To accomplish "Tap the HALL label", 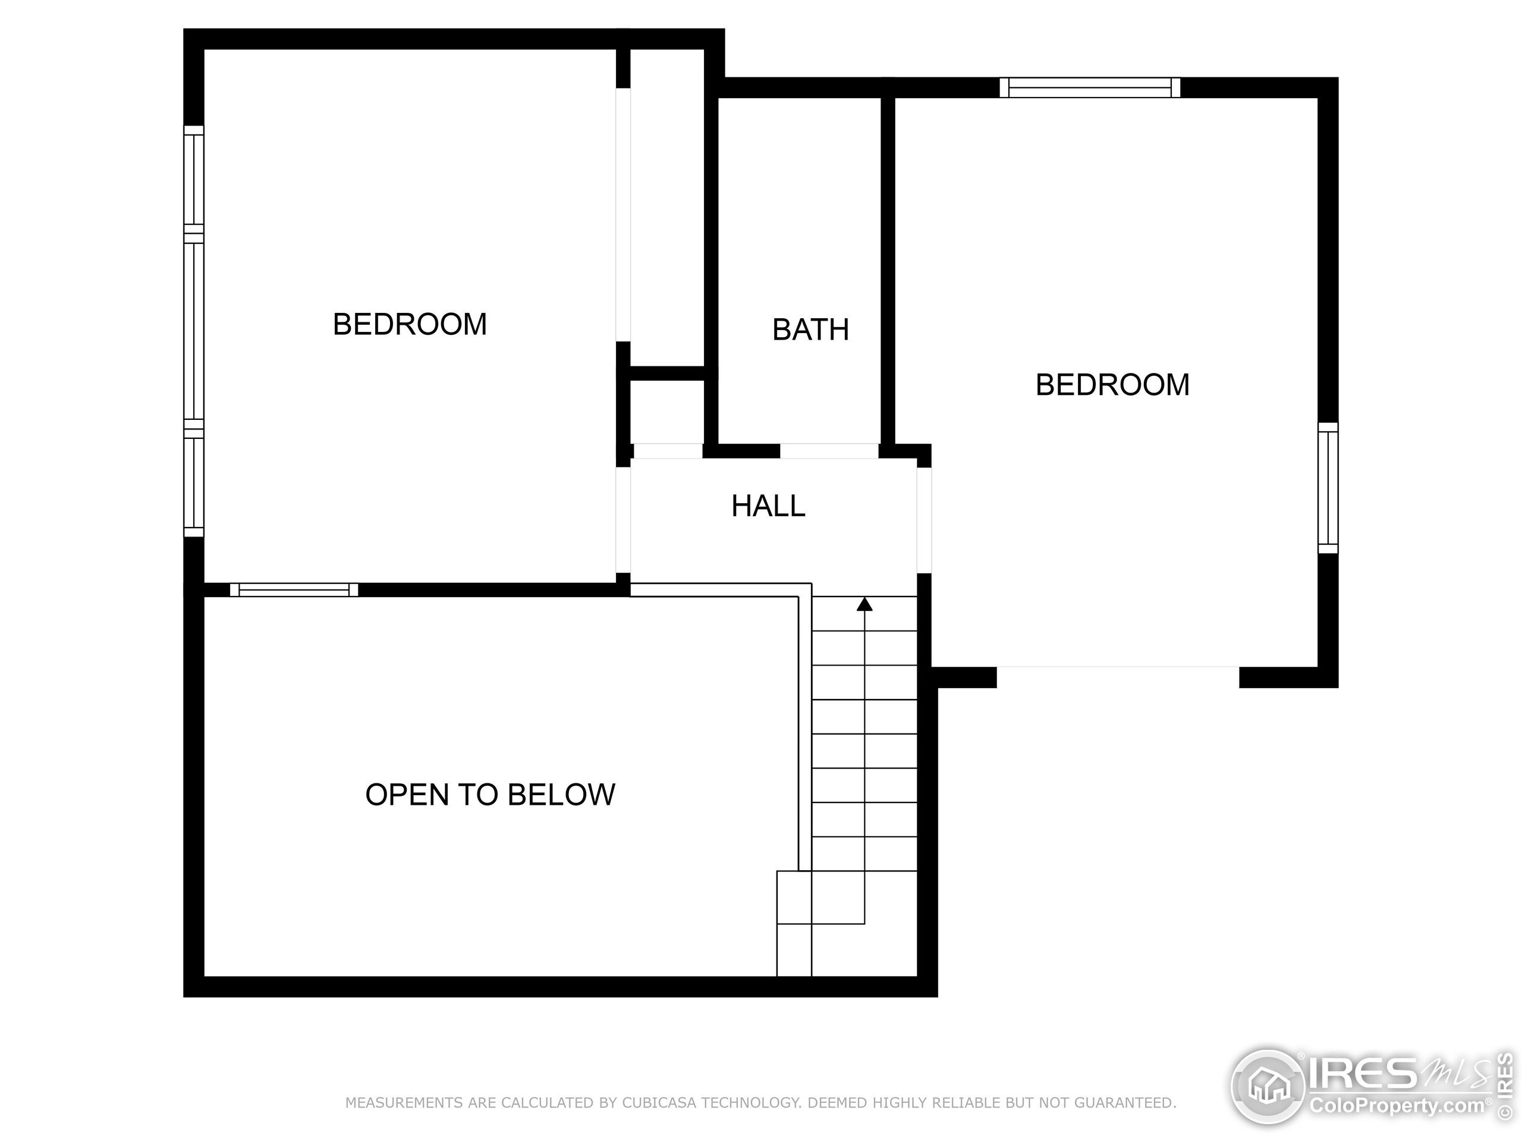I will pyautogui.click(x=768, y=506).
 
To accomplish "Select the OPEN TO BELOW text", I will pyautogui.click(x=490, y=795).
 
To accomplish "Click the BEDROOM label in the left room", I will pyautogui.click(x=410, y=324).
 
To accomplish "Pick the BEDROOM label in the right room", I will pyautogui.click(x=1112, y=385).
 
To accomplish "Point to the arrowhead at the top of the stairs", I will pyautogui.click(x=864, y=604).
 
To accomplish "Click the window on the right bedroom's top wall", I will pyautogui.click(x=1090, y=87).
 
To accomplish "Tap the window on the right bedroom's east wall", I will pyautogui.click(x=1328, y=488).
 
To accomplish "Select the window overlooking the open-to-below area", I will pyautogui.click(x=294, y=590).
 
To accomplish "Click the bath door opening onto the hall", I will pyautogui.click(x=829, y=451).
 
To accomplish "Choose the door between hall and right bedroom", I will pyautogui.click(x=924, y=520).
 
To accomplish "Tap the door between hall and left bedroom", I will pyautogui.click(x=622, y=520).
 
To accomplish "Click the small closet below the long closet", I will pyautogui.click(x=666, y=412).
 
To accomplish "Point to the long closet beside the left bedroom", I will pyautogui.click(x=666, y=206).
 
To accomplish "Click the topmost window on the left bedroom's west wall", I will pyautogui.click(x=194, y=179).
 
